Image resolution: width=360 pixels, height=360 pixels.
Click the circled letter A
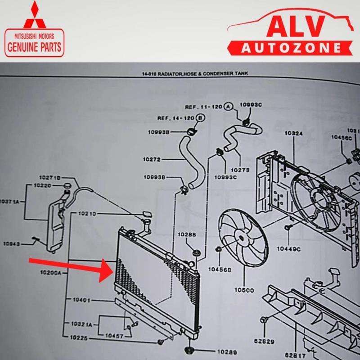click(x=228, y=107)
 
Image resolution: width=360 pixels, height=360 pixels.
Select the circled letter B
click(x=201, y=118)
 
